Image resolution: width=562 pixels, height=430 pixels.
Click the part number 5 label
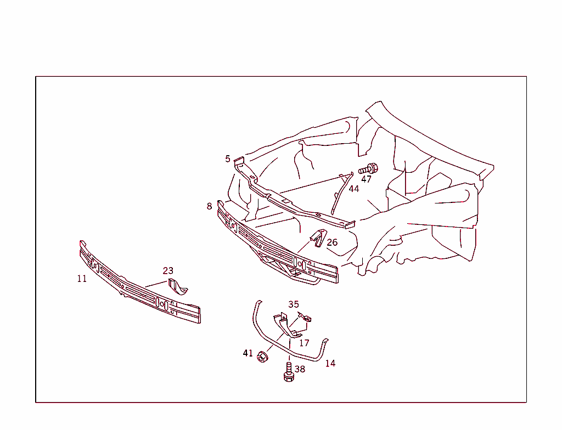click(x=228, y=159)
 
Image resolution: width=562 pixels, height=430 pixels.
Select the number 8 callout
click(x=209, y=206)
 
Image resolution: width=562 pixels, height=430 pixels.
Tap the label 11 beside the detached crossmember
click(x=82, y=279)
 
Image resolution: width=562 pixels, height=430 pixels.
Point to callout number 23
click(x=168, y=270)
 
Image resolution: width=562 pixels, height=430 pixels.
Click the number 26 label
click(x=332, y=242)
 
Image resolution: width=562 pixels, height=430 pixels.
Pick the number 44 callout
click(x=353, y=189)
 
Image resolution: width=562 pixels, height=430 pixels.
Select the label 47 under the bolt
click(x=366, y=179)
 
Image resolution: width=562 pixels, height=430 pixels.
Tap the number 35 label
click(x=294, y=304)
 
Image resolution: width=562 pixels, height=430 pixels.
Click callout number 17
click(x=304, y=343)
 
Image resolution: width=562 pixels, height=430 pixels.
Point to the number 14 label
click(x=330, y=363)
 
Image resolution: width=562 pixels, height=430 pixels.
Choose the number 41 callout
click(x=248, y=353)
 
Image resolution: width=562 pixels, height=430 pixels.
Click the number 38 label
click(x=300, y=369)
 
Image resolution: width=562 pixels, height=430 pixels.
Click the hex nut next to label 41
click(x=262, y=357)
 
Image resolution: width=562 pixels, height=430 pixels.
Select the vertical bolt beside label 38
click(x=288, y=372)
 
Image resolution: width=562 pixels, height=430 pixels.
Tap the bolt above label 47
click(x=370, y=167)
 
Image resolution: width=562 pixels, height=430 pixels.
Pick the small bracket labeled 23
click(x=177, y=287)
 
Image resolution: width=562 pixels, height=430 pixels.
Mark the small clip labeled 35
click(x=306, y=317)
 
